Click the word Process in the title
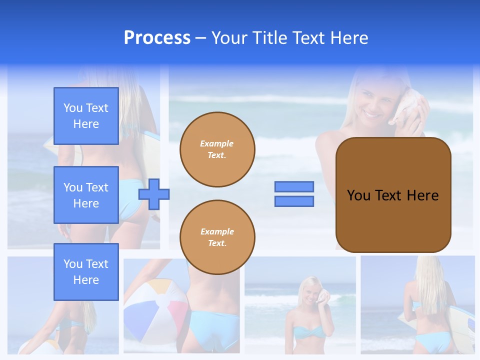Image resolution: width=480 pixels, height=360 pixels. [157, 38]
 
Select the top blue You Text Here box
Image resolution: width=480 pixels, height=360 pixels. [86, 116]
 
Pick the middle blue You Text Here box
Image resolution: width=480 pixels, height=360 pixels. [86, 195]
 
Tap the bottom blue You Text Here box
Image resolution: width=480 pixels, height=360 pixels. [86, 271]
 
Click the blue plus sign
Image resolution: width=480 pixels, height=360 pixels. [154, 194]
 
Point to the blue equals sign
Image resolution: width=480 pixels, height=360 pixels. [294, 194]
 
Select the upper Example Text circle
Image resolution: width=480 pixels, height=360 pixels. [217, 149]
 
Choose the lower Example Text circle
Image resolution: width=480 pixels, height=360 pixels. [217, 237]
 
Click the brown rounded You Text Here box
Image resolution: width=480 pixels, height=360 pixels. [393, 195]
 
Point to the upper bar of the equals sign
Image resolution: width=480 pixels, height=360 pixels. [294, 187]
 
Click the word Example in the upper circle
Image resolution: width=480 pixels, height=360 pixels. [216, 144]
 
